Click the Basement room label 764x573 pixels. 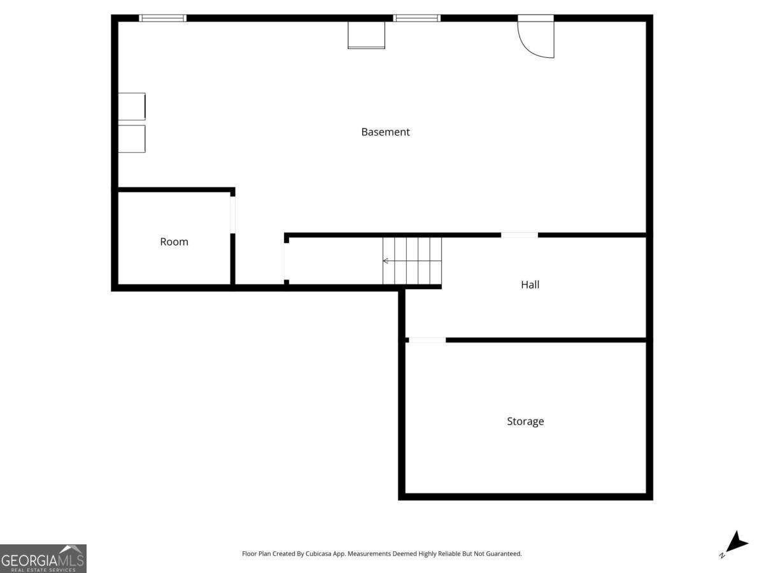tap(385, 132)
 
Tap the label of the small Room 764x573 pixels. tap(174, 242)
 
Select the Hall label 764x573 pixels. tap(530, 285)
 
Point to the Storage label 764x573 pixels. tap(525, 421)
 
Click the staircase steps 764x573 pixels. tap(412, 260)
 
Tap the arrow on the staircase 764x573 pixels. tap(386, 260)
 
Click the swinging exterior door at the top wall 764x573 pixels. tap(537, 38)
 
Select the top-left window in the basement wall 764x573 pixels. tap(162, 18)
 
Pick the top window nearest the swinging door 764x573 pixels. tap(417, 18)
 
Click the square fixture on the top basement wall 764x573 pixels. tap(366, 35)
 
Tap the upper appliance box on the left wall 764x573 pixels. tap(132, 106)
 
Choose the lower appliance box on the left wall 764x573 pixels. tap(132, 139)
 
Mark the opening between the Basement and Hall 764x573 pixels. tap(519, 235)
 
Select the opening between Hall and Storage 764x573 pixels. tap(427, 340)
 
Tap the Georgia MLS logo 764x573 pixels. tap(43, 558)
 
